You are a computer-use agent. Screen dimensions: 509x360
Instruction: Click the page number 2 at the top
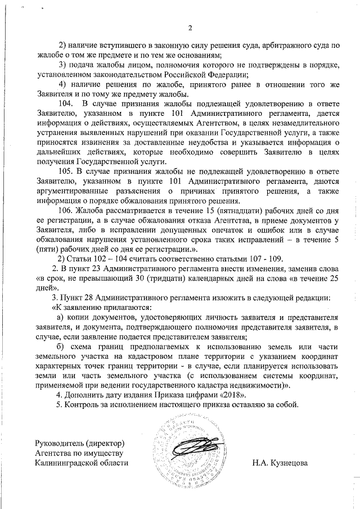click(x=190, y=29)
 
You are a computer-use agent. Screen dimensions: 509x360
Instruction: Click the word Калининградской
click(x=66, y=463)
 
